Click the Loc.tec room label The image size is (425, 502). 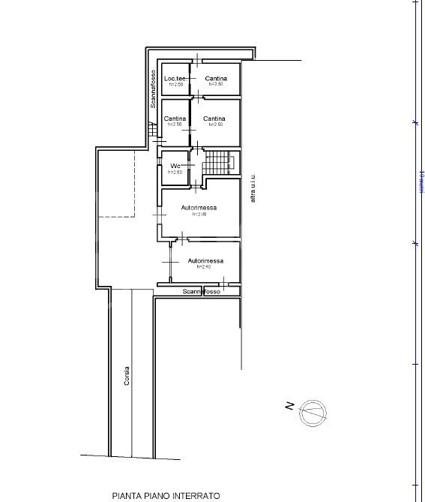coord(175,79)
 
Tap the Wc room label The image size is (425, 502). coord(175,166)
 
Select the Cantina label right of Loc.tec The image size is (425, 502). coord(216,79)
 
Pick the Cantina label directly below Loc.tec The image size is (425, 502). coord(175,119)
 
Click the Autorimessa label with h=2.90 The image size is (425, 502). coord(199,208)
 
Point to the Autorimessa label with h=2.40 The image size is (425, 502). coord(205,260)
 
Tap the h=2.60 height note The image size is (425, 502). coord(175,172)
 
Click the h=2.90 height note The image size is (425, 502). coord(199,214)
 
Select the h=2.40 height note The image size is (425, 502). coord(204,266)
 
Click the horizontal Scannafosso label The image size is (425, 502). coord(202,291)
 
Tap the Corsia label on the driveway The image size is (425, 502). coord(127,374)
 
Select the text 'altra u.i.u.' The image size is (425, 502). coord(253,188)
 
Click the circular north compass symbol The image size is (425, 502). coord(313,412)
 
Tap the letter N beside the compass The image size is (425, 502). coord(289,407)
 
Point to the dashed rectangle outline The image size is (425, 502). coord(116,184)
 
